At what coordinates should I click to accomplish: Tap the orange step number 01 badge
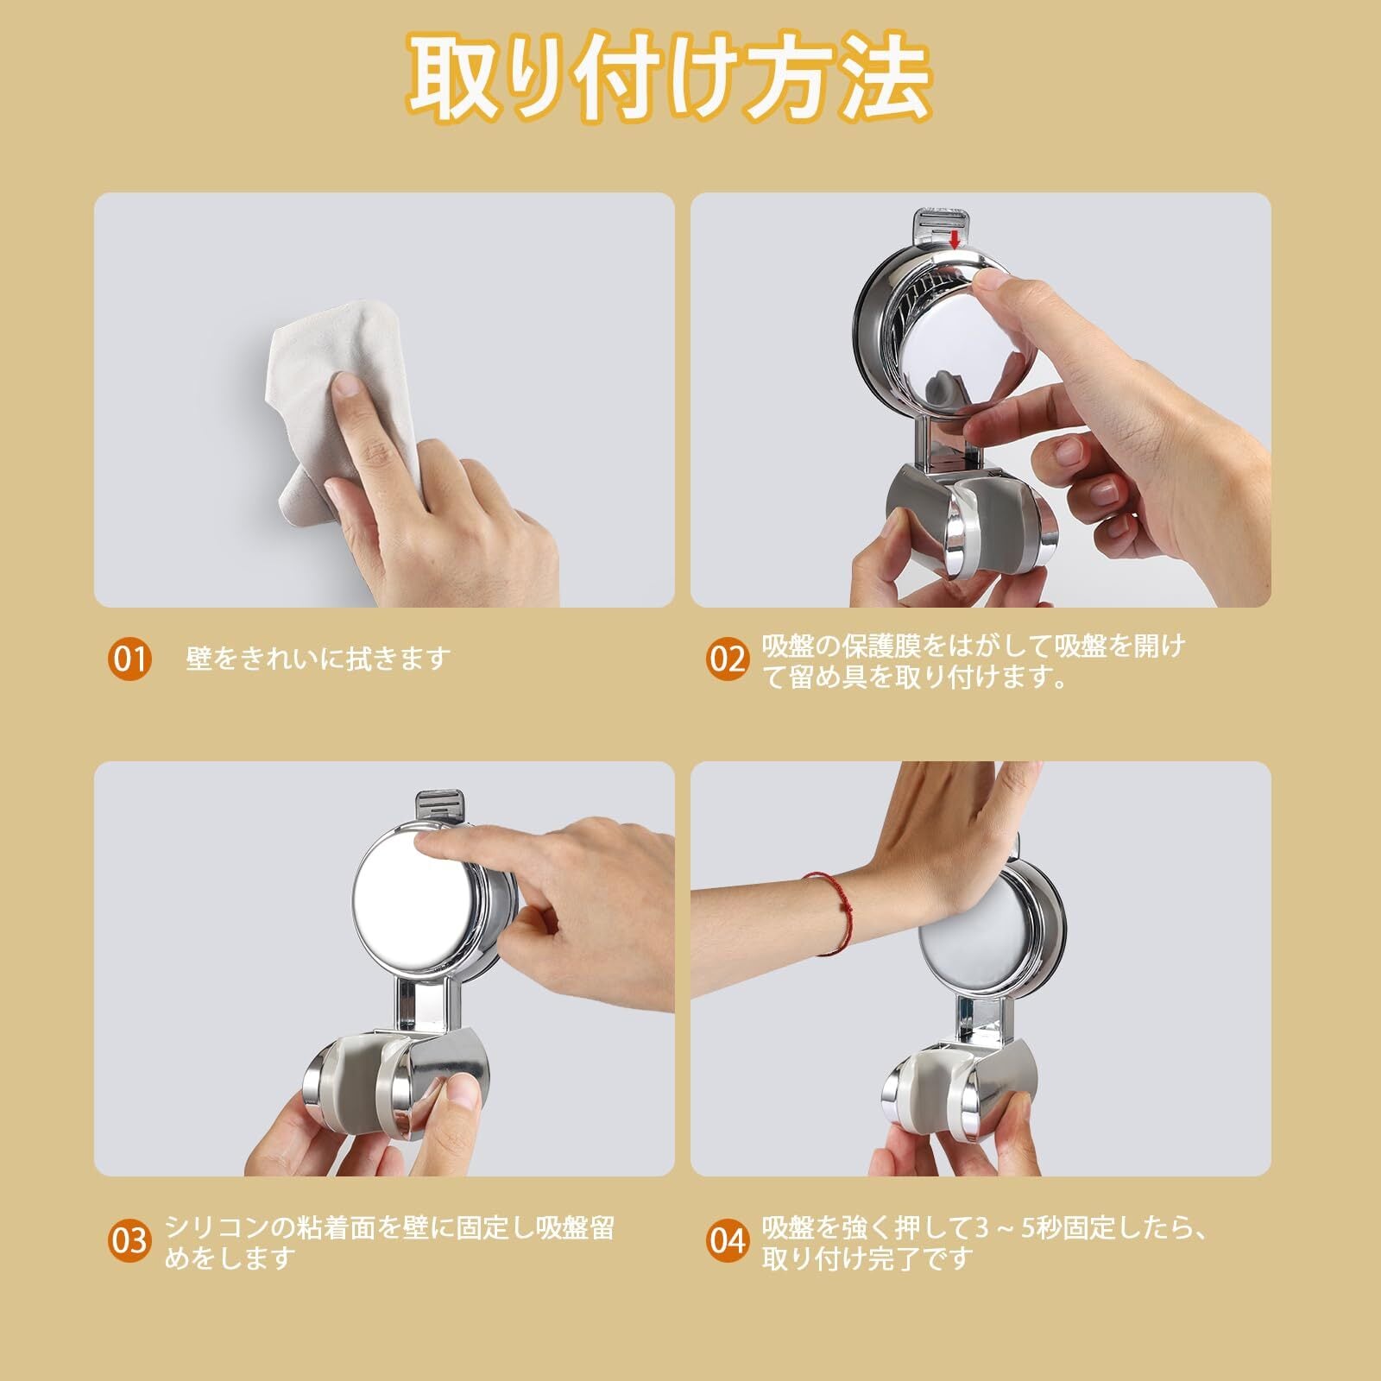click(129, 659)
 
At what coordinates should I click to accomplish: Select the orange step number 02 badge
click(728, 659)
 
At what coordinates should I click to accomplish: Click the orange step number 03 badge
click(129, 1240)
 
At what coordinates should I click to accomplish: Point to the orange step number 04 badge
click(728, 1240)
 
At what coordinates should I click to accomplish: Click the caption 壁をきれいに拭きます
click(318, 659)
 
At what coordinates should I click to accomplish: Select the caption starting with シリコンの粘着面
click(390, 1242)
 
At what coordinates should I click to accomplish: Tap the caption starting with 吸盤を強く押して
click(984, 1242)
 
